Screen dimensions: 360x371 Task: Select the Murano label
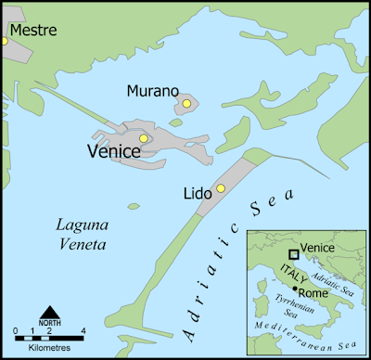[152, 91]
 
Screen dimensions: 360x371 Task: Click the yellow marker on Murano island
[186, 104]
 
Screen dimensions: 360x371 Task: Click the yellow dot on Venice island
[143, 138]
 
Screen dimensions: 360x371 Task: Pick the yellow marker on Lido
[221, 188]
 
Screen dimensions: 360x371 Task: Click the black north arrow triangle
[50, 311]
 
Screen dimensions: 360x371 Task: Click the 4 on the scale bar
[84, 330]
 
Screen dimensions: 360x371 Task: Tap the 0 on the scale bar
[16, 330]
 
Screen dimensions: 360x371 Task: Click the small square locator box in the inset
[293, 253]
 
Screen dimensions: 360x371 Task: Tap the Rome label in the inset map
[314, 294]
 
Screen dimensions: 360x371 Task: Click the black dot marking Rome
[295, 289]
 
